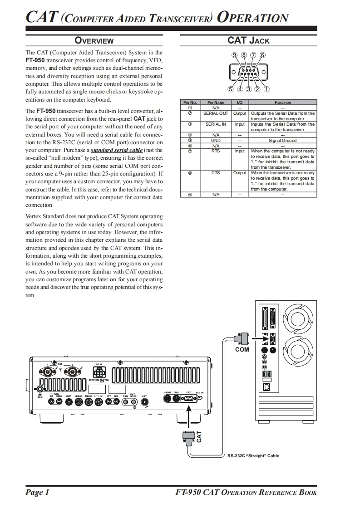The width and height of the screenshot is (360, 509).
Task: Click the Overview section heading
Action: coord(94,40)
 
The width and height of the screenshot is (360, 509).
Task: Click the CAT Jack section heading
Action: coord(248,40)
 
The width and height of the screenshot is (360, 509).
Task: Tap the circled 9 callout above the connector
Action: coord(234,56)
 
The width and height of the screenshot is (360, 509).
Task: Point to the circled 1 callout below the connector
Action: coord(266,89)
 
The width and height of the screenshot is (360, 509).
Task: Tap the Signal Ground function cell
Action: coord(282,141)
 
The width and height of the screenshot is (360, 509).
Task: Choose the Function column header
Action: coord(282,103)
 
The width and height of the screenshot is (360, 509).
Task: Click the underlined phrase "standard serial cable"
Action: coord(117,150)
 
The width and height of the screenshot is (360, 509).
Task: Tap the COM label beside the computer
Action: coord(242,350)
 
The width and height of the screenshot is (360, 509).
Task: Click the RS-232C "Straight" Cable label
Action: coord(253,455)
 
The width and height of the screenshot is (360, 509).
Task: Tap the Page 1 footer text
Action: coord(37,493)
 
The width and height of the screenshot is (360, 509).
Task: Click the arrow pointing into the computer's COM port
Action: coord(257,338)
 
